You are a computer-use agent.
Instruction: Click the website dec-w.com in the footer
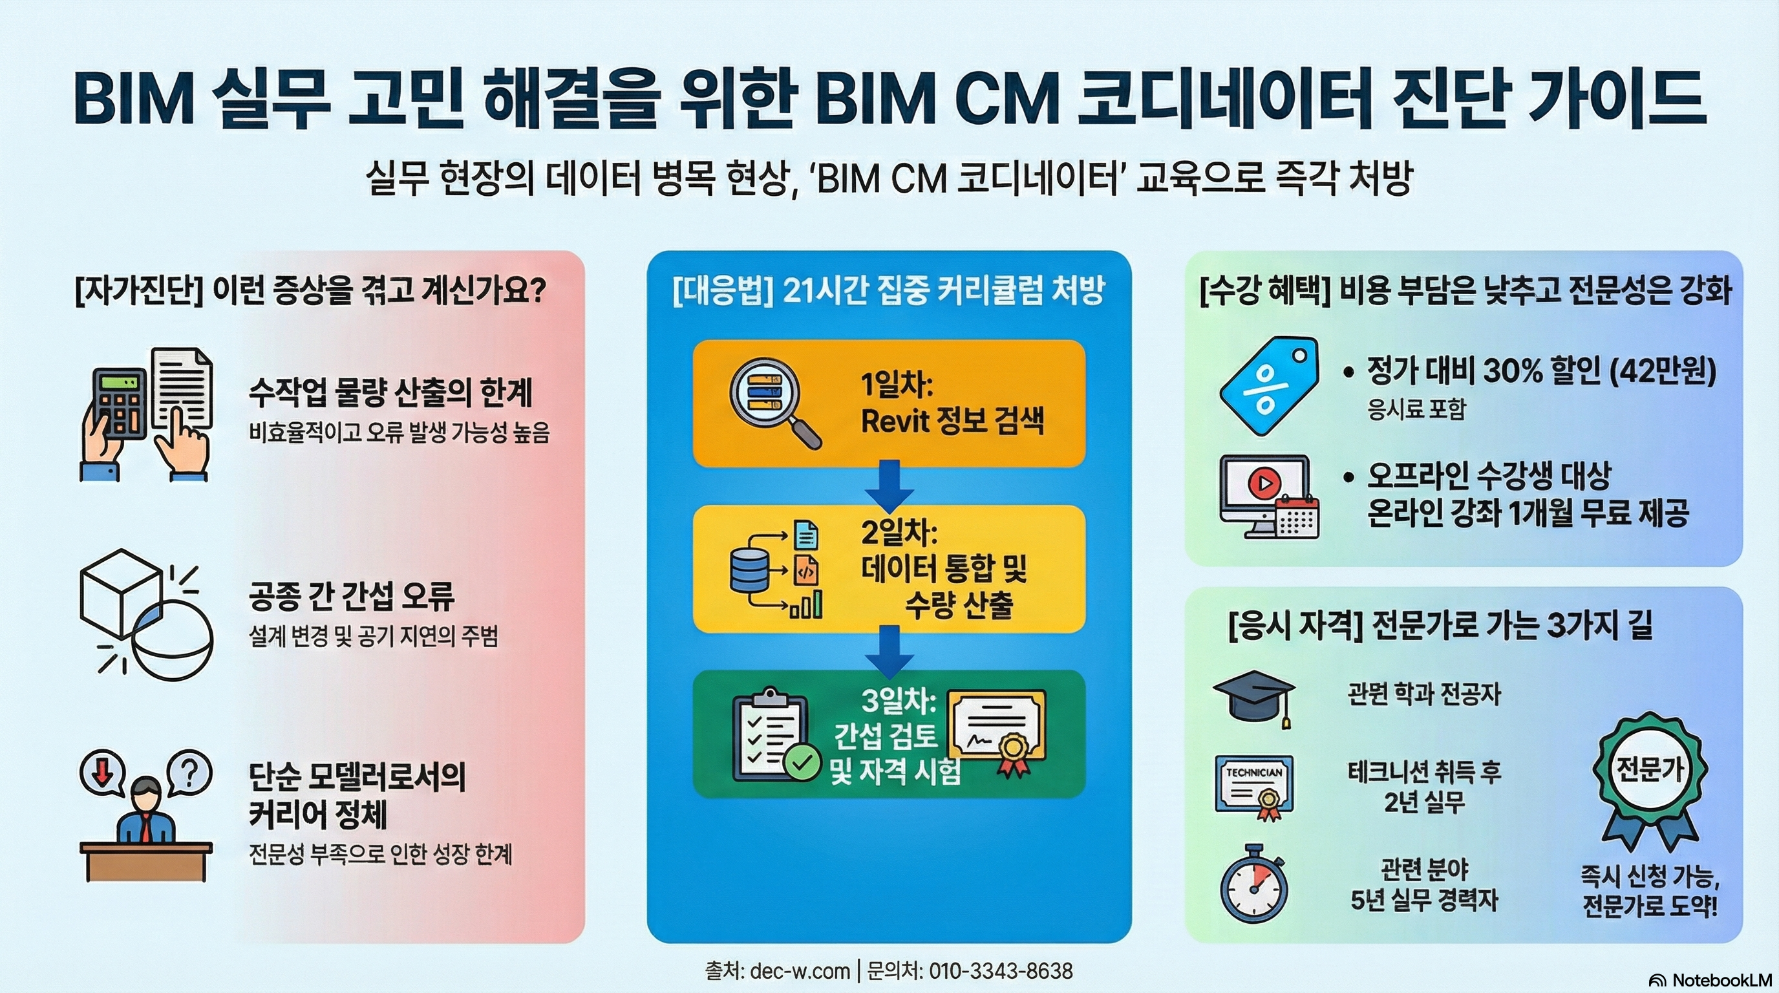[799, 971]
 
